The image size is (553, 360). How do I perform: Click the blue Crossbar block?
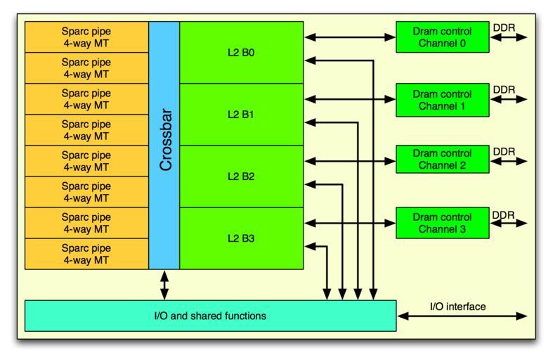click(x=164, y=145)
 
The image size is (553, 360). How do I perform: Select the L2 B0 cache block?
click(x=241, y=52)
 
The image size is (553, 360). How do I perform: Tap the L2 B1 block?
click(x=241, y=114)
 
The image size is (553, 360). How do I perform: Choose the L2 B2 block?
click(x=241, y=176)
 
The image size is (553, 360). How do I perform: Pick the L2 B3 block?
click(x=241, y=238)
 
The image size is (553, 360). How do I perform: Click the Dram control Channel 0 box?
click(x=442, y=37)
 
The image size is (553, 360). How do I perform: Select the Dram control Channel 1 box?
click(x=442, y=99)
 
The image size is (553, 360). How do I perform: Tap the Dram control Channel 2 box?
click(x=442, y=160)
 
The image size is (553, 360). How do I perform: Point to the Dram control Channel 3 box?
click(x=442, y=221)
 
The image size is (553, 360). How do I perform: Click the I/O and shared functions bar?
click(x=210, y=316)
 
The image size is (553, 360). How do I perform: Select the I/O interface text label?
click(x=457, y=307)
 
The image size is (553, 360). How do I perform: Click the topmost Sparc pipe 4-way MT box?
click(x=86, y=37)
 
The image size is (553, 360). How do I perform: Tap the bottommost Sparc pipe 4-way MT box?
click(x=86, y=253)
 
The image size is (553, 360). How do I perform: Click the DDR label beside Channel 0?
click(x=504, y=27)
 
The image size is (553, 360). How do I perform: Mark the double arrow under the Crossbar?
click(x=164, y=285)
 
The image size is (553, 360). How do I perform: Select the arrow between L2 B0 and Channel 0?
click(x=349, y=37)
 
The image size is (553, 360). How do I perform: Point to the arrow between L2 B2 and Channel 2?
click(x=349, y=161)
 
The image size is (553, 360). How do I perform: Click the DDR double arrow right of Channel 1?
click(x=509, y=99)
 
